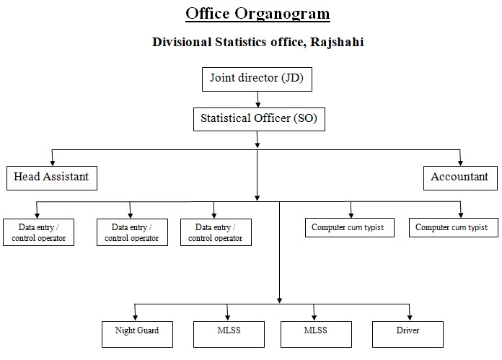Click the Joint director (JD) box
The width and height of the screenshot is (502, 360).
[257, 79]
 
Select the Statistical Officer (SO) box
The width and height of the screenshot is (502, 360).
[259, 119]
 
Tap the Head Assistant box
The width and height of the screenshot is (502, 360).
[52, 178]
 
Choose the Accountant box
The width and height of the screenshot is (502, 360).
[460, 178]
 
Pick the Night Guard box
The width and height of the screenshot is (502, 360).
[137, 334]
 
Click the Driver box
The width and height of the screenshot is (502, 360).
[408, 334]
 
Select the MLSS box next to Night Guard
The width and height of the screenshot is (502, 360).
[229, 334]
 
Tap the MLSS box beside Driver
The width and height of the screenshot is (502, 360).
[317, 334]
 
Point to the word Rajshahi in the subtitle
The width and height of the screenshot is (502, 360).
[337, 43]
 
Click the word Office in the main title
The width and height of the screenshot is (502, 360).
[208, 14]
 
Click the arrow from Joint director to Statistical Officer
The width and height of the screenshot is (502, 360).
[257, 100]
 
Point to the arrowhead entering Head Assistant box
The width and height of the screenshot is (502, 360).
[53, 163]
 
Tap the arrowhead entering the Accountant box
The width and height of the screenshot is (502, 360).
[460, 163]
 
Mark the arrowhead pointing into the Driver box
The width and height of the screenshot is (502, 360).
[410, 317]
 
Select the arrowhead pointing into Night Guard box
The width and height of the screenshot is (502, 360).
[135, 317]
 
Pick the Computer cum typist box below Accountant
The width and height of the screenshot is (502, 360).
[454, 227]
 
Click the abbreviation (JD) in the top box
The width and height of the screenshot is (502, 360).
[292, 78]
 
